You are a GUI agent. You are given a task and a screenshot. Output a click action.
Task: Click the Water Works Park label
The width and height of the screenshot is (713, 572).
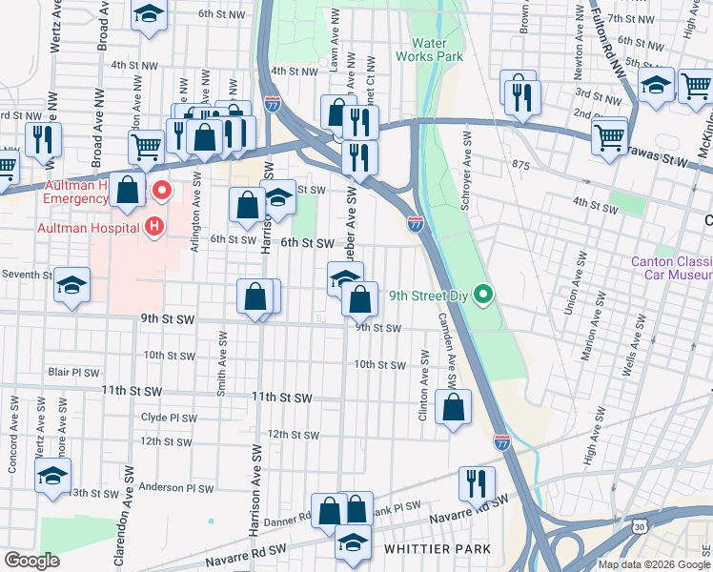pyautogui.click(x=437, y=50)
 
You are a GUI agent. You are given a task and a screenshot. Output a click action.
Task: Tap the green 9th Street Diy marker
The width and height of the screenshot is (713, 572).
pyautogui.click(x=483, y=295)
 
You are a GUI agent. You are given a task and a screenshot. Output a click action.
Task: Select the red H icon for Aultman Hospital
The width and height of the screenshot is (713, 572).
pyautogui.click(x=153, y=227)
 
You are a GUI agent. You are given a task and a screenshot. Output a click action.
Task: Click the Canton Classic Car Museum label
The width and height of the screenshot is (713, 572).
pyautogui.click(x=672, y=269)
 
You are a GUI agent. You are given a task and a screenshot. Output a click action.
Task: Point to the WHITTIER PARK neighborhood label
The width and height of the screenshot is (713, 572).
pyautogui.click(x=437, y=550)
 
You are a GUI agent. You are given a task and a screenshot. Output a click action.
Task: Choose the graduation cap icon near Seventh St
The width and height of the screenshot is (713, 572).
pyautogui.click(x=71, y=287)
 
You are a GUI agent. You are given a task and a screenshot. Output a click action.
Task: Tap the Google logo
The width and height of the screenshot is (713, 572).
pyautogui.click(x=31, y=561)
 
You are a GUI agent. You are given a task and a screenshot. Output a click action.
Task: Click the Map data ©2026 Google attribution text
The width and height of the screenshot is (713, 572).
pyautogui.click(x=653, y=564)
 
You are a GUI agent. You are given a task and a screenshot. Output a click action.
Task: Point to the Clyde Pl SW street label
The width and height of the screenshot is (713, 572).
pyautogui.click(x=169, y=418)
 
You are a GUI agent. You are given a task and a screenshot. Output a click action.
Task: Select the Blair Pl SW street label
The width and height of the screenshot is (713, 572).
pyautogui.click(x=73, y=372)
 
